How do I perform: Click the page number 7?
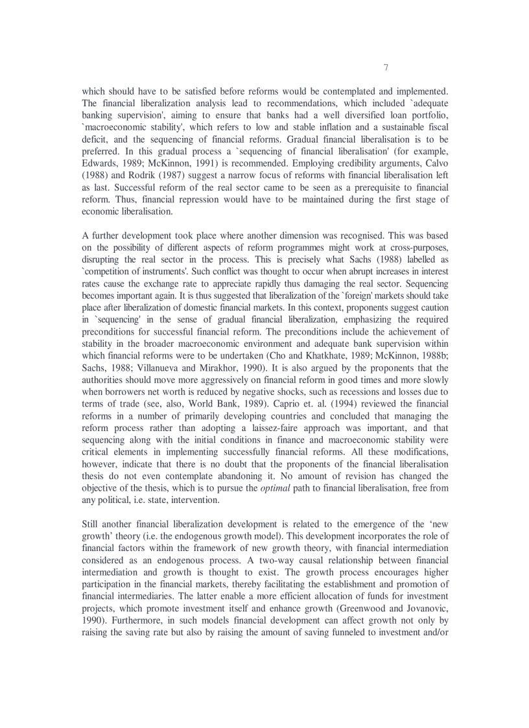(x=386, y=67)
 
